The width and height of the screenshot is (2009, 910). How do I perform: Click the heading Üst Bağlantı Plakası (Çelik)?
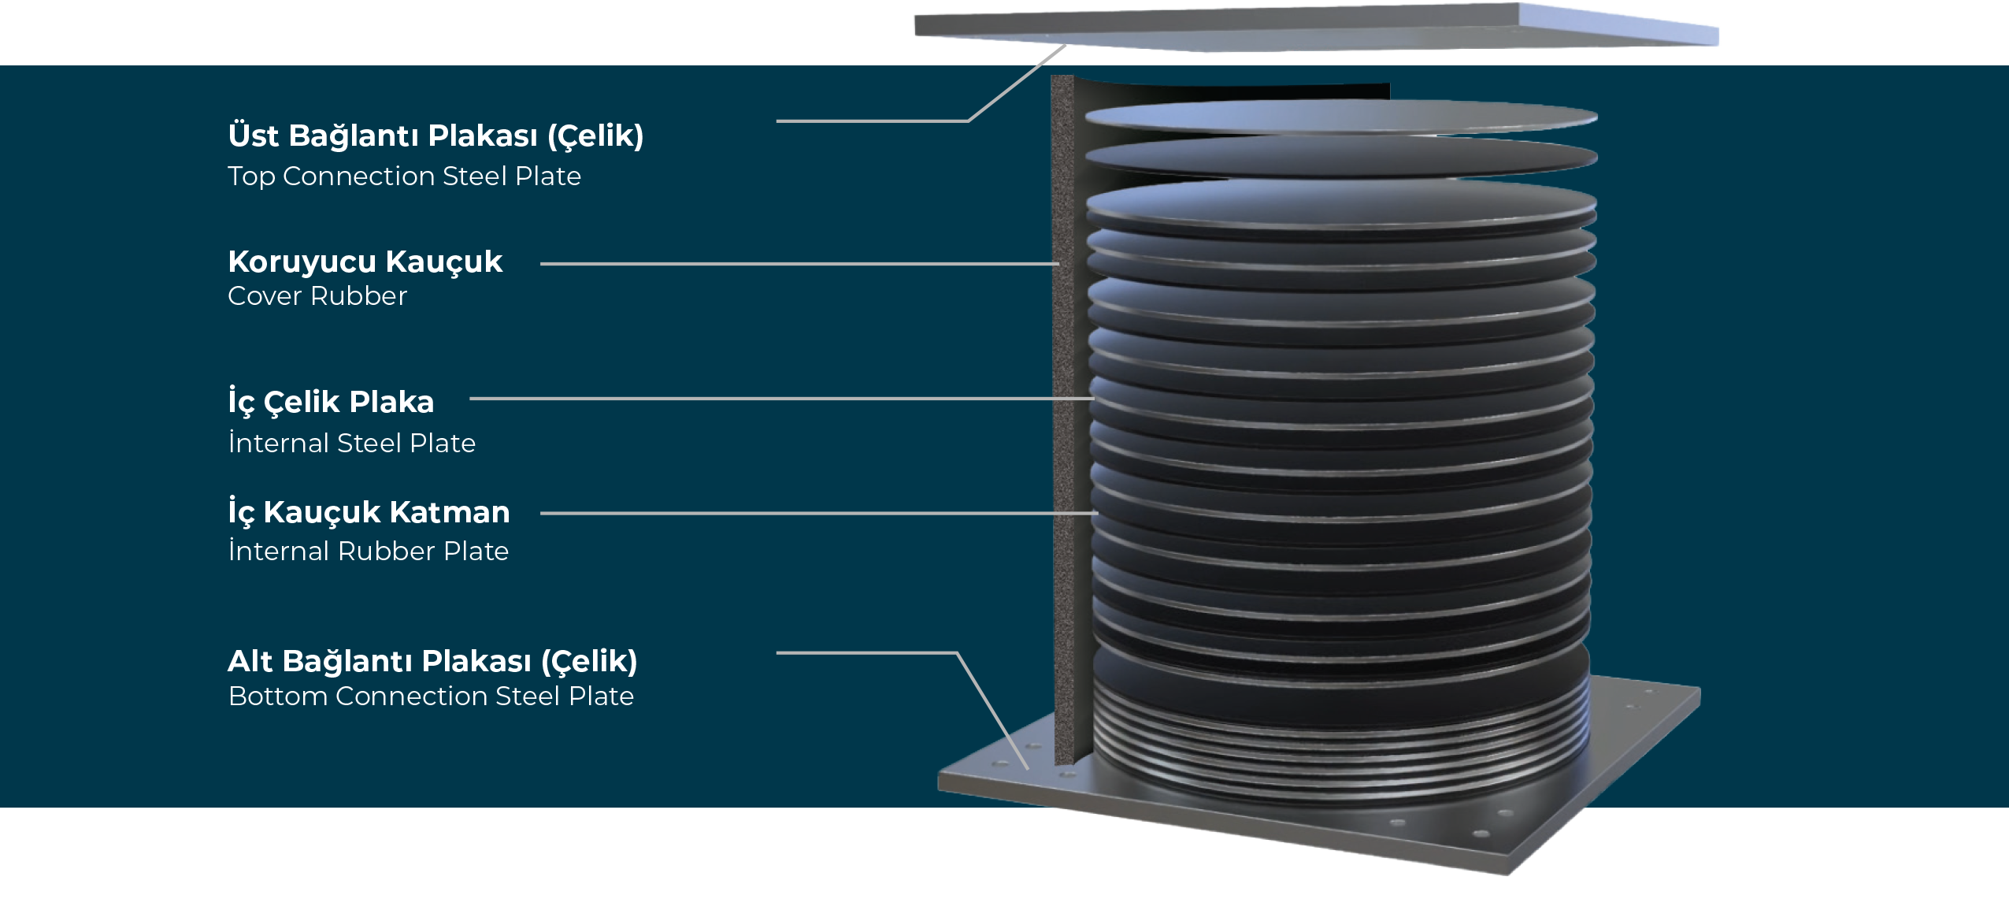click(436, 135)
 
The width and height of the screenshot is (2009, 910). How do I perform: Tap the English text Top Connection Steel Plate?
click(404, 176)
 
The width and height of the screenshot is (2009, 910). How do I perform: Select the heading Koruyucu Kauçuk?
click(365, 262)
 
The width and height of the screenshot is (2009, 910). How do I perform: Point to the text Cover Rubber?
click(317, 296)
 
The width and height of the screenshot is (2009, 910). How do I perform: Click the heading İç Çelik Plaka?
click(331, 401)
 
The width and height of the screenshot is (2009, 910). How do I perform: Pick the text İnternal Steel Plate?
click(351, 442)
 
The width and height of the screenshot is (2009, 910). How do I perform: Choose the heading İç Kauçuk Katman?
click(369, 511)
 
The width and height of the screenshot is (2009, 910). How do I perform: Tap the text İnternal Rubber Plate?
click(368, 550)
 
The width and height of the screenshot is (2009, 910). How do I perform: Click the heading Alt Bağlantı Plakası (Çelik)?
click(432, 661)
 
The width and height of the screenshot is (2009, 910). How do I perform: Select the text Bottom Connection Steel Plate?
click(431, 696)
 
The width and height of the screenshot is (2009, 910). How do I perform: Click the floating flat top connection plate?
click(1316, 28)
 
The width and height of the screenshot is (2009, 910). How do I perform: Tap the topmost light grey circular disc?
click(1341, 117)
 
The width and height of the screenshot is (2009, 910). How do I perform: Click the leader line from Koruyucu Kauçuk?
click(799, 264)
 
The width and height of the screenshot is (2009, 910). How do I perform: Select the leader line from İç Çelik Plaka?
click(781, 399)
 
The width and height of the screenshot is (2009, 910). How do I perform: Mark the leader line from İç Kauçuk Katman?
click(819, 513)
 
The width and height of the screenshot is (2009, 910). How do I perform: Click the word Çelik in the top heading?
click(599, 136)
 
